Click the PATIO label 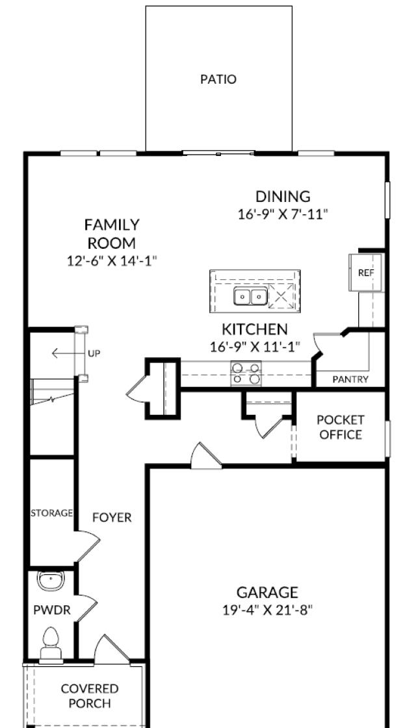[218, 80]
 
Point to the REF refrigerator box [365, 273]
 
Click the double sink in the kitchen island [250, 297]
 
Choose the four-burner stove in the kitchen [246, 373]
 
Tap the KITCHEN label [255, 329]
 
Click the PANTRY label [350, 379]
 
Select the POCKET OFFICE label [341, 427]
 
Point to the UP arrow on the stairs [65, 353]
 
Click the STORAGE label [52, 513]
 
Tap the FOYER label [112, 518]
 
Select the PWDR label [52, 610]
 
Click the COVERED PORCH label [90, 696]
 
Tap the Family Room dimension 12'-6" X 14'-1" [112, 260]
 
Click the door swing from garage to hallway [205, 455]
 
